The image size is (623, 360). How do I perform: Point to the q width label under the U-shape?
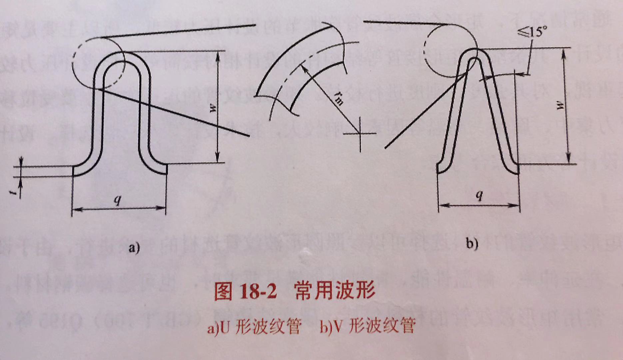118,200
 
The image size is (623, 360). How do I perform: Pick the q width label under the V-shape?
479,196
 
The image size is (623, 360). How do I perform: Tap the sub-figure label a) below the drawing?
134,248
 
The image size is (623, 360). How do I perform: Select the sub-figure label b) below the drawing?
472,244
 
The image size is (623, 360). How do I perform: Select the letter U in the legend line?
226,328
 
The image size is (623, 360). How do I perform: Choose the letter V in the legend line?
337,328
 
